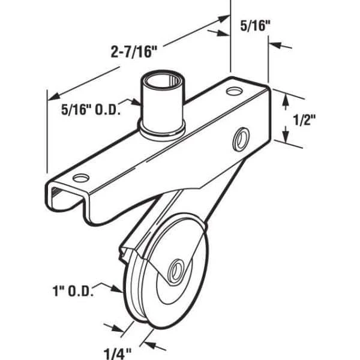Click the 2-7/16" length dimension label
(x=134, y=52)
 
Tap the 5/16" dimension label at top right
(x=256, y=25)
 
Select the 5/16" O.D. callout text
(x=91, y=109)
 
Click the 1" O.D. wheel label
(x=73, y=291)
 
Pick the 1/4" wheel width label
(x=118, y=353)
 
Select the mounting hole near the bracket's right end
(x=235, y=91)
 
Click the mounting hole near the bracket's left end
(x=81, y=178)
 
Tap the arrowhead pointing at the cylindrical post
(x=136, y=102)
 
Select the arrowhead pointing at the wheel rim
(x=117, y=289)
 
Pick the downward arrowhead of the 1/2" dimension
(x=286, y=134)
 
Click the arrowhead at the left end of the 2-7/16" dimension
(x=54, y=97)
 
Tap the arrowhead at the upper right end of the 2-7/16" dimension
(x=223, y=19)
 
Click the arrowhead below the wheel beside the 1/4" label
(x=148, y=344)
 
